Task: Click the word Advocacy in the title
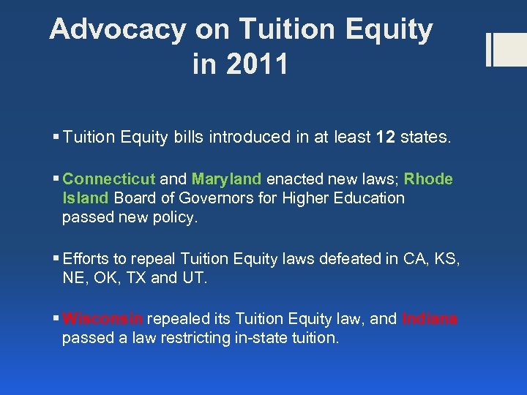tap(117, 29)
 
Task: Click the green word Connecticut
tap(109, 179)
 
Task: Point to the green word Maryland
tap(226, 179)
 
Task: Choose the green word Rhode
tap(428, 179)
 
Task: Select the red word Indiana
tap(430, 319)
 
